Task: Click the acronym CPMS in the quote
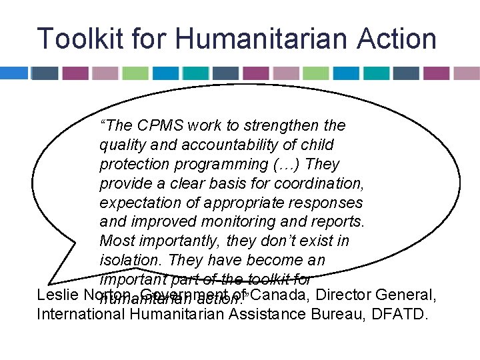coord(161,126)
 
